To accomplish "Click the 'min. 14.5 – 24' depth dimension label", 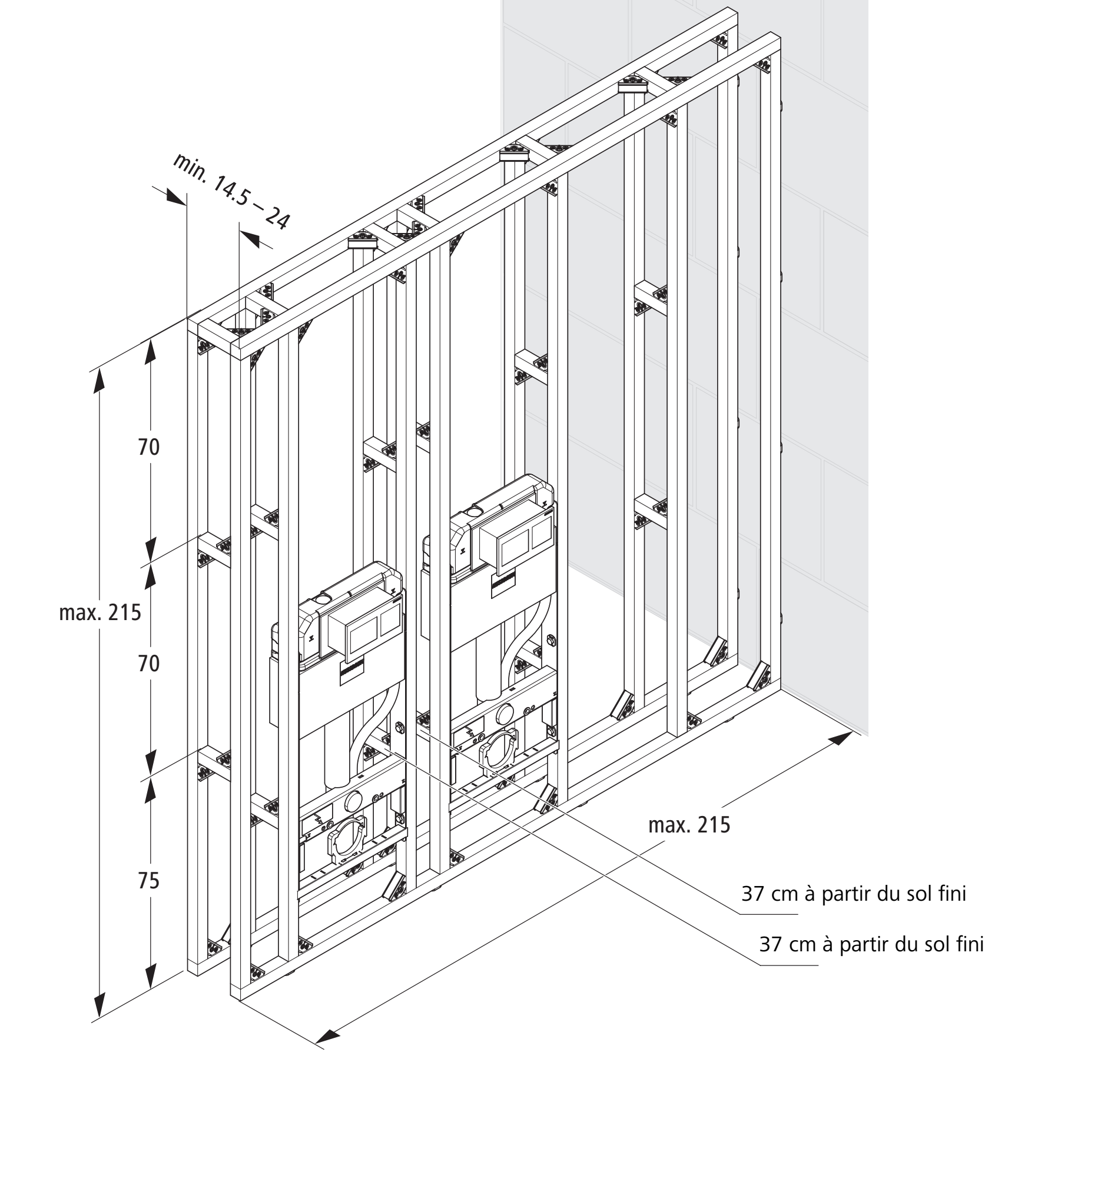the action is (x=231, y=191).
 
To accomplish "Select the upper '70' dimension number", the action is (x=149, y=447).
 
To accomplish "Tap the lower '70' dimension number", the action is (x=149, y=663).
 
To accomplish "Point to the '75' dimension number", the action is (x=149, y=881).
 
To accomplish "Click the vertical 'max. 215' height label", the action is (x=100, y=612).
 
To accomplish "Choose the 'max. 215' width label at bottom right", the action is (x=689, y=825).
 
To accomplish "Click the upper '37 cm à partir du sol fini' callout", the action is (x=854, y=910).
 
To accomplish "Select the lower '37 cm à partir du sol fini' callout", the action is (x=872, y=960).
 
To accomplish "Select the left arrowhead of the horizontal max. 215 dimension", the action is (x=327, y=1036).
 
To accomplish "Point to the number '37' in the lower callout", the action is (x=770, y=960).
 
